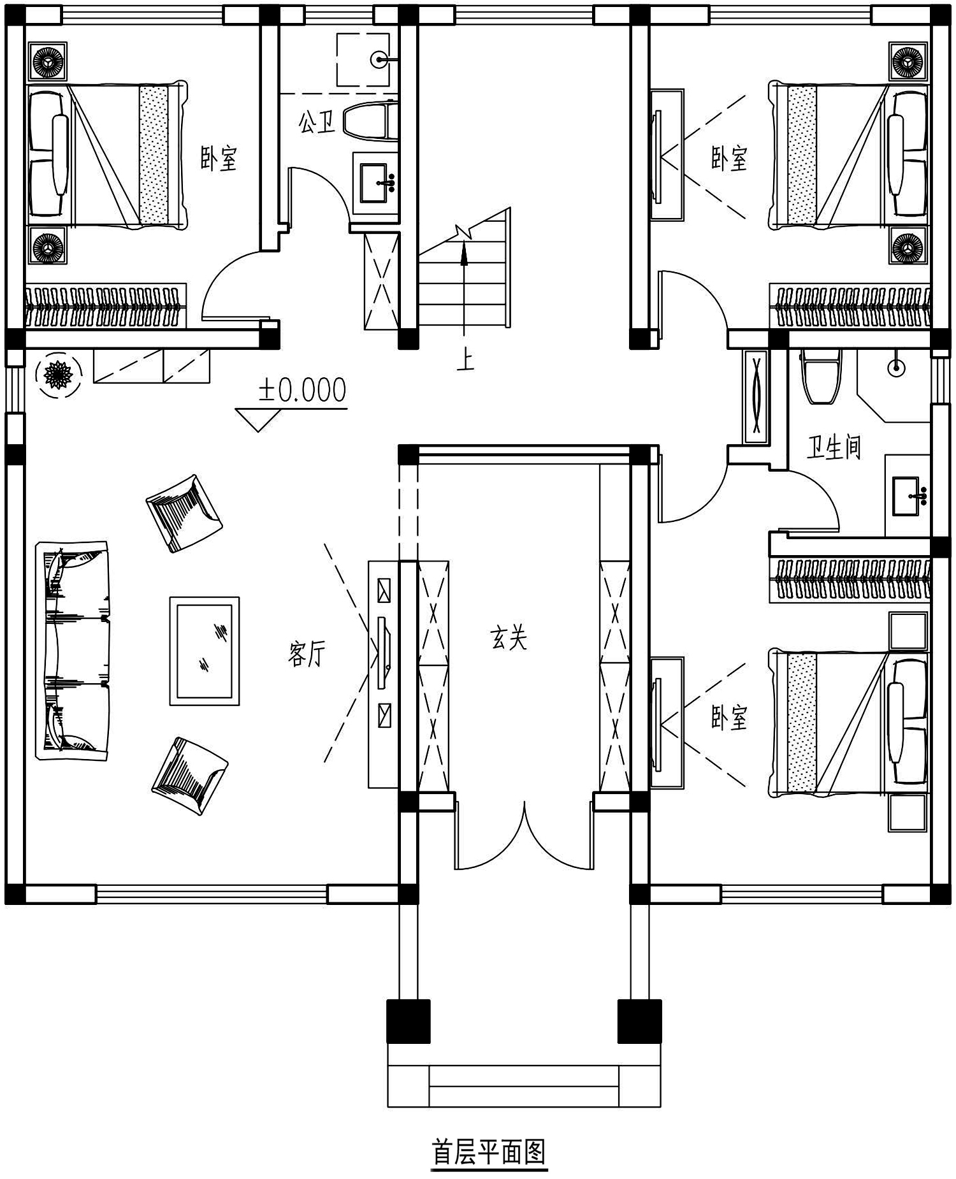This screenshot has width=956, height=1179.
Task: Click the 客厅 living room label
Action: tap(307, 654)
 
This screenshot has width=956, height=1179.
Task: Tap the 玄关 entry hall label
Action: tap(509, 637)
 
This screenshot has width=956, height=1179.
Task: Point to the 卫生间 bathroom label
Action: tap(834, 447)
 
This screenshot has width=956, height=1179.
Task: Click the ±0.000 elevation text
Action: tap(302, 390)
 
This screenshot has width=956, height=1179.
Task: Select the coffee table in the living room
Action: tap(205, 651)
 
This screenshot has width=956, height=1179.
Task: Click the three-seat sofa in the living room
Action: tap(73, 650)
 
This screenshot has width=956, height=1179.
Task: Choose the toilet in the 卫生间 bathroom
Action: tap(822, 376)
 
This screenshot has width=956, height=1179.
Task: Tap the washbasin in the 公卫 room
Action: tap(377, 184)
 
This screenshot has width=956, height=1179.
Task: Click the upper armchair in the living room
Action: tap(184, 512)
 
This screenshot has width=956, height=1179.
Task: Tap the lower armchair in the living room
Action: tap(190, 776)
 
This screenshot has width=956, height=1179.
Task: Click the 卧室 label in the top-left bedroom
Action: tap(219, 158)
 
